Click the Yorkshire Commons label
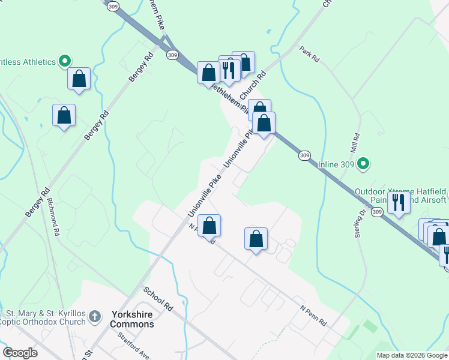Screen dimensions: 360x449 [132, 319]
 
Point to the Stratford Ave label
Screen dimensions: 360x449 [133, 344]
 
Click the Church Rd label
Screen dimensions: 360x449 [253, 87]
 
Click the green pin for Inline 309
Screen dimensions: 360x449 [363, 163]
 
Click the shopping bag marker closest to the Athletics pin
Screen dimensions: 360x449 [79, 78]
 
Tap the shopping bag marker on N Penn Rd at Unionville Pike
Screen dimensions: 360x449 [209, 226]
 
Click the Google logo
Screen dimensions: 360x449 [20, 353]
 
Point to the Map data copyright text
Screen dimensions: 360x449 [411, 355]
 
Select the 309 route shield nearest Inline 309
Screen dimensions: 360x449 [304, 155]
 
